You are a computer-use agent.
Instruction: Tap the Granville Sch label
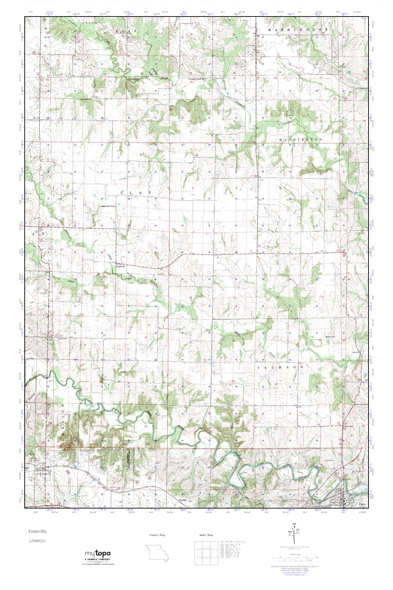[x=108, y=206]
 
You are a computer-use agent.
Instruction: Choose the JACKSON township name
[x=280, y=367]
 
